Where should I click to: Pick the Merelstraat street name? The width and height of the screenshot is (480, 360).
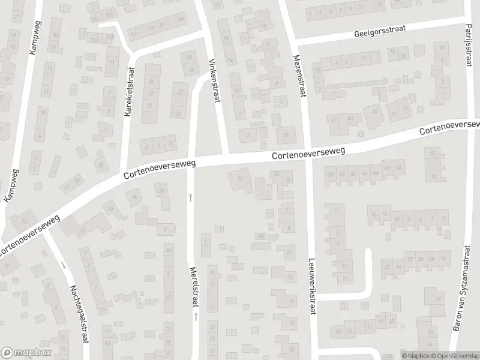194,286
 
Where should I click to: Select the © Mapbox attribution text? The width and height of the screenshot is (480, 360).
413,355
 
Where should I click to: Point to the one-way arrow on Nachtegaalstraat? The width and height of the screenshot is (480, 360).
63,265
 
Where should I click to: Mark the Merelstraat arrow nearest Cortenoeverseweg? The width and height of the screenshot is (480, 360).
191,196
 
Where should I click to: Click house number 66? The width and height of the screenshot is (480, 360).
375,110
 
